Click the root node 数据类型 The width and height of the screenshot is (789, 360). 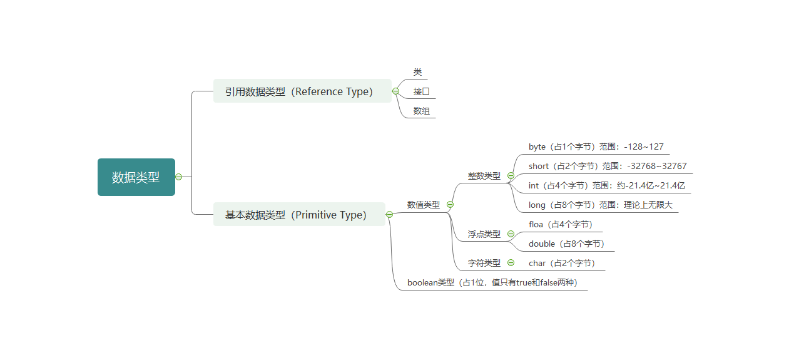136,177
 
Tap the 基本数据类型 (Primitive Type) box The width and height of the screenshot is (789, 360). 298,215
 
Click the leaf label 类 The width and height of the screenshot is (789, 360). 417,73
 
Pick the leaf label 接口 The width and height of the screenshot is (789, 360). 421,92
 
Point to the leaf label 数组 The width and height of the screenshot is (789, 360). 421,111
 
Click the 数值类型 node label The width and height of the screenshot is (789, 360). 423,205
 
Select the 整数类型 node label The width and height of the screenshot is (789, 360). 484,176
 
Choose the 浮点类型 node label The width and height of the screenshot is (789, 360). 484,234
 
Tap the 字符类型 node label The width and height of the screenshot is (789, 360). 484,263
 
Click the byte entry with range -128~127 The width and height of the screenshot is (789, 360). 596,147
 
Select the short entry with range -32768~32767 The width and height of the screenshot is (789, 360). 607,167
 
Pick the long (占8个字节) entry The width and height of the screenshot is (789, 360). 600,205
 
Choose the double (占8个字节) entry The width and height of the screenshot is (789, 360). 567,244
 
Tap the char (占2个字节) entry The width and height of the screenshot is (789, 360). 562,264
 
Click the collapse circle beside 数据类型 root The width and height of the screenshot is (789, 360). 179,177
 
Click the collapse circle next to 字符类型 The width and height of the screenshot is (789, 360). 511,263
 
